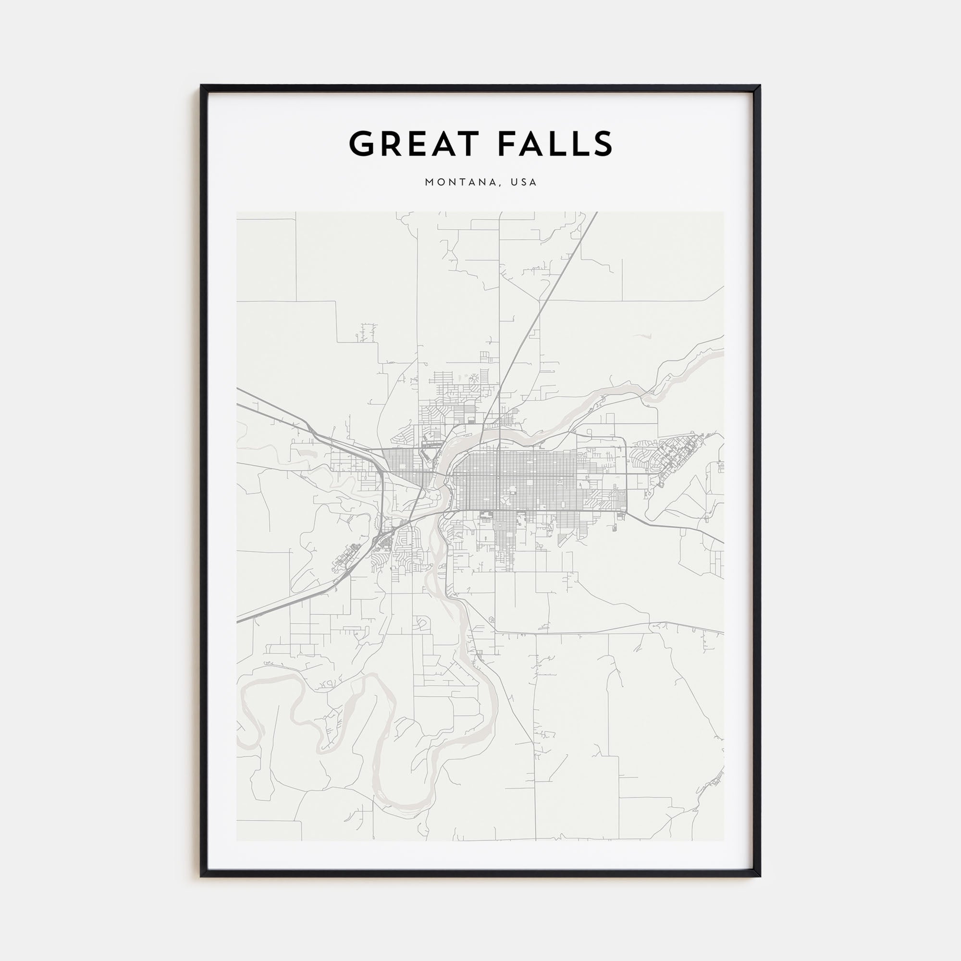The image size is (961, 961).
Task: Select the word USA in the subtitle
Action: pyautogui.click(x=526, y=183)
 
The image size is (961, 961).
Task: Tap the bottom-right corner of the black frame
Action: pyautogui.click(x=760, y=875)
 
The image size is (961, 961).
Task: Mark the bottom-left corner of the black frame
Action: pyautogui.click(x=201, y=875)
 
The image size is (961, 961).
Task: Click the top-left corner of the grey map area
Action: pyautogui.click(x=237, y=212)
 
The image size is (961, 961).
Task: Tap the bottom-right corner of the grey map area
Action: pyautogui.click(x=724, y=840)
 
